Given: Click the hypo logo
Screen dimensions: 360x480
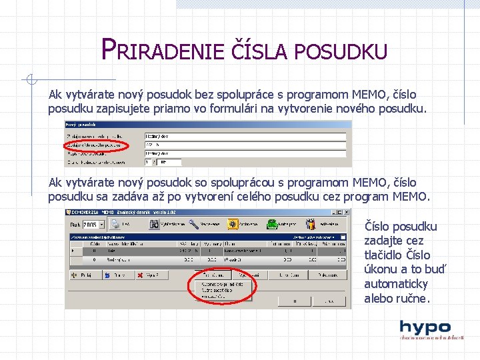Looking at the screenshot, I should pyautogui.click(x=425, y=329).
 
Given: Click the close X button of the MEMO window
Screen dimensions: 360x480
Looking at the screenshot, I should pyautogui.click(x=345, y=213).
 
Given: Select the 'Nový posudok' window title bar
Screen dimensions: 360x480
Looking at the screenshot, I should pyautogui.click(x=207, y=124).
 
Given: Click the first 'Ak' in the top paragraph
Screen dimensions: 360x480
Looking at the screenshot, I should pyautogui.click(x=55, y=95).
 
